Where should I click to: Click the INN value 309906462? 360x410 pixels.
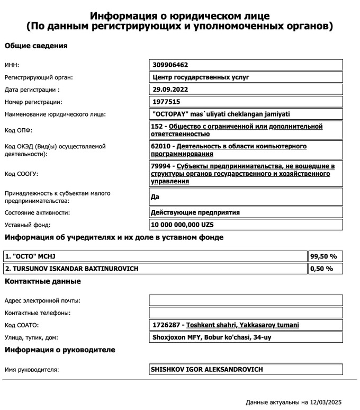tap(170, 65)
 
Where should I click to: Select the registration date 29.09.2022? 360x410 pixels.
tap(170, 90)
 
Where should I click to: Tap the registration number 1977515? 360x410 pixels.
tap(166, 102)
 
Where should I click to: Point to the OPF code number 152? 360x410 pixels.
tap(157, 127)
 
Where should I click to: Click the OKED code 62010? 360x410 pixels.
tap(161, 146)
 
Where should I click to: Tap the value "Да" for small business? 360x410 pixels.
tap(156, 197)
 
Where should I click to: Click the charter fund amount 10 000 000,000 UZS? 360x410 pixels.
tap(186, 225)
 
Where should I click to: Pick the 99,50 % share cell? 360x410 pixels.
tap(323, 256)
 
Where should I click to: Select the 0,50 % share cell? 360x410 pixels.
tap(321, 269)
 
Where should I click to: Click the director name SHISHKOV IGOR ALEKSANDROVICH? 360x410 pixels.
tap(207, 369)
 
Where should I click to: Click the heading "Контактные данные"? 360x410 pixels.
tap(43, 281)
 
